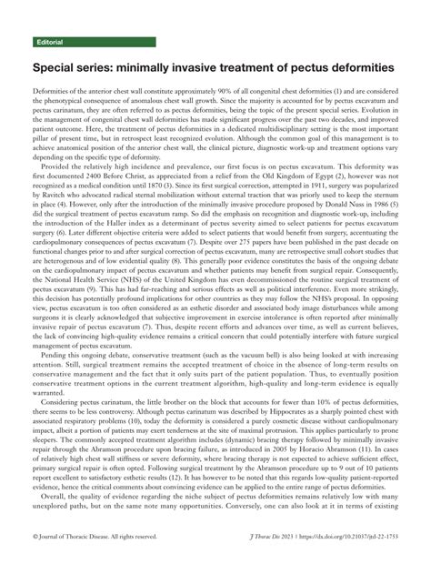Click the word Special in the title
tap(60, 68)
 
